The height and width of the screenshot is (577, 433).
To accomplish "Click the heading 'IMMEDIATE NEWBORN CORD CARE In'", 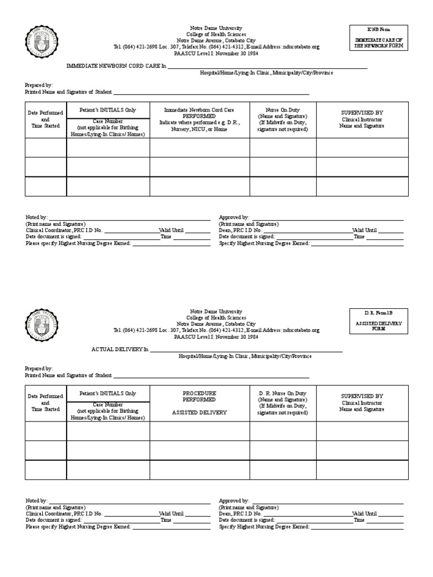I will [x=117, y=66].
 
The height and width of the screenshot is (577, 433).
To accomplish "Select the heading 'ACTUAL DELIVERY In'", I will [x=120, y=349].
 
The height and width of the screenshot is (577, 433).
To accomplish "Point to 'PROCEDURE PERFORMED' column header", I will [x=199, y=396].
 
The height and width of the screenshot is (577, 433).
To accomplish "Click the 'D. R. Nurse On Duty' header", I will [x=282, y=393].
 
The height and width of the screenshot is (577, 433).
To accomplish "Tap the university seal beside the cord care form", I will [x=42, y=44].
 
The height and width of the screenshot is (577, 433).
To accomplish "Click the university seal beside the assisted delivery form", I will [x=42, y=327].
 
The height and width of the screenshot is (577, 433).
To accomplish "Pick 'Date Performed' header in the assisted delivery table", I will [x=46, y=397].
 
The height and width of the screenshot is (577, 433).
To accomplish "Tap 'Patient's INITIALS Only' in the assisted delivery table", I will [x=108, y=393].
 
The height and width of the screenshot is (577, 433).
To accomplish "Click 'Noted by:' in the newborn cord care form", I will [x=37, y=217].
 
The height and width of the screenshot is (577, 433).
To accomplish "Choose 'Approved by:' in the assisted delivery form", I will [x=234, y=500].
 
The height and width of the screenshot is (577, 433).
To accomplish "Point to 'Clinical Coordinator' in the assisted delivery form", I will [x=48, y=513].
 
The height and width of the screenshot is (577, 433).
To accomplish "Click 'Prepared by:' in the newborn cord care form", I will [x=39, y=85].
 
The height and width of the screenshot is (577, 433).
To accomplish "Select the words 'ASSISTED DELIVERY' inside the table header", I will [x=199, y=412].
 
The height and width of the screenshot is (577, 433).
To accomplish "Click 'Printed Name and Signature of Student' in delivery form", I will [x=68, y=375].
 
